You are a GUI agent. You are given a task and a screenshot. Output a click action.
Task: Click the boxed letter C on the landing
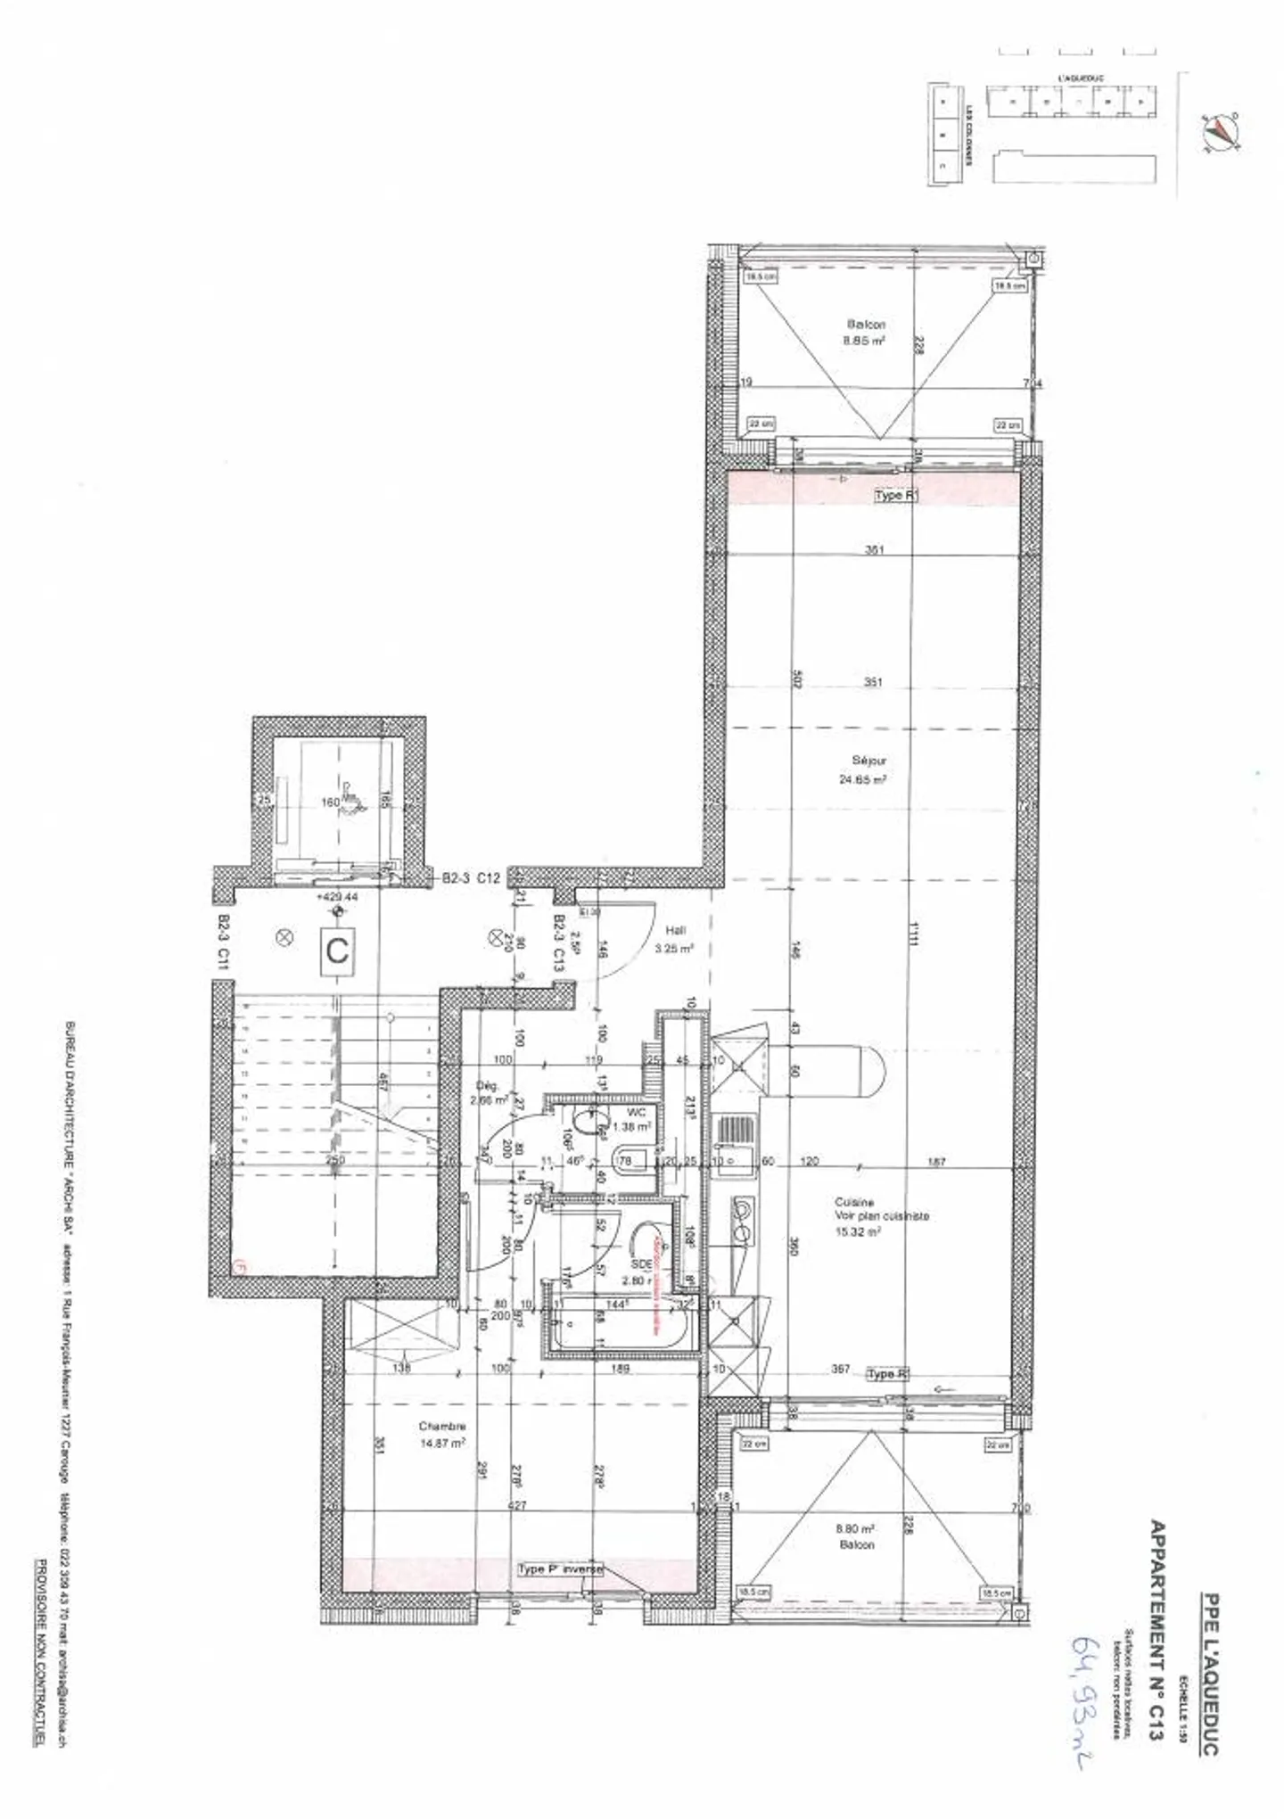(x=337, y=951)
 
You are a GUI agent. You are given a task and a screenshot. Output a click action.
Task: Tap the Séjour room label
(x=869, y=761)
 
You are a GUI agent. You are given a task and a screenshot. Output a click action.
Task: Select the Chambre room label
(x=443, y=1427)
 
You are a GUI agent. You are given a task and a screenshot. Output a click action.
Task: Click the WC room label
(x=636, y=1112)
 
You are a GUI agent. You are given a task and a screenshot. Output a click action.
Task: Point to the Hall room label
(x=676, y=930)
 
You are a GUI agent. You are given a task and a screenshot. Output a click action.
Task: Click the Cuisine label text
(x=854, y=1202)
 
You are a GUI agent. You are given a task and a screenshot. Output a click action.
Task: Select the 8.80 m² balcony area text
(x=856, y=1527)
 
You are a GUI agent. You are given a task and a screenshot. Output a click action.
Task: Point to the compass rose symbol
(x=1221, y=132)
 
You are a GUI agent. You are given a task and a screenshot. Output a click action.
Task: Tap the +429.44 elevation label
(x=337, y=897)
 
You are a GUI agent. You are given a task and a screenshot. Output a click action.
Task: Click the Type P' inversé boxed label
(x=561, y=1569)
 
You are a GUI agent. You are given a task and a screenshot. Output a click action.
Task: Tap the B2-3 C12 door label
(x=472, y=878)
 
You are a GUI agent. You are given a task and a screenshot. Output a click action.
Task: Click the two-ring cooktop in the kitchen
(x=740, y=1219)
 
